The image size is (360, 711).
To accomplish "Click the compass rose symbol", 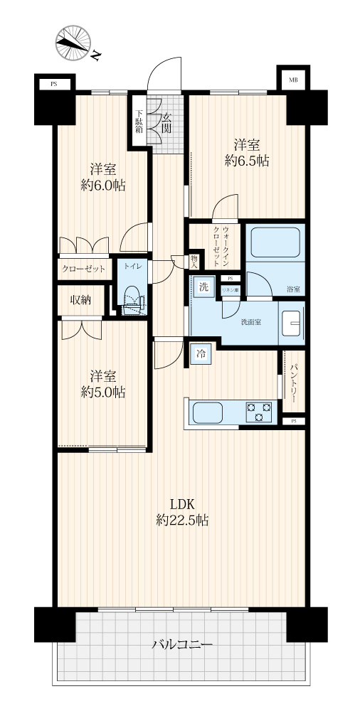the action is (x=73, y=43).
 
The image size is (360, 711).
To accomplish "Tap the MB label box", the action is (x=293, y=80).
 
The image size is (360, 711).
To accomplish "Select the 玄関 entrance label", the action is (x=166, y=122).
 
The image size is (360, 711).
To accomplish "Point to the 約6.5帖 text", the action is (x=247, y=160).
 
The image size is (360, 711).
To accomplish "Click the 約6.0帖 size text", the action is (x=103, y=185).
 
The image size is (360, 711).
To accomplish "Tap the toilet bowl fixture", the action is (x=132, y=299).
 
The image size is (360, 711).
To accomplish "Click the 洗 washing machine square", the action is (x=204, y=287).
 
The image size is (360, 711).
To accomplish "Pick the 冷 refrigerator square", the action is (x=201, y=354).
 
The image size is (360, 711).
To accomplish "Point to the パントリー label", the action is (x=293, y=383).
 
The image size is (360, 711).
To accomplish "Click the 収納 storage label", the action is (x=81, y=300).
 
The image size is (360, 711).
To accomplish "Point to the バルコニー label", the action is (x=183, y=644).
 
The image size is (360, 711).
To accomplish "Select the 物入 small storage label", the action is (x=194, y=262).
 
